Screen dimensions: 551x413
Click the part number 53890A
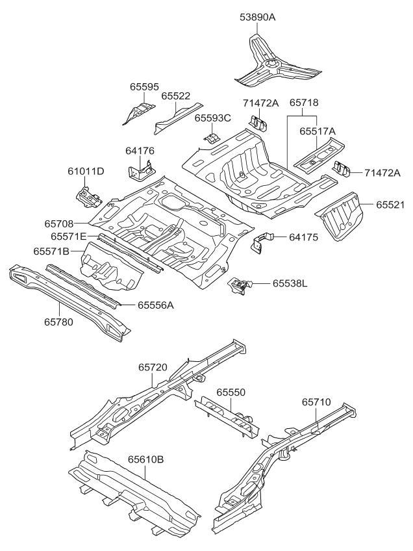(258, 18)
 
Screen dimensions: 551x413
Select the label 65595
(144, 87)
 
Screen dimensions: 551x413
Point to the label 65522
(175, 96)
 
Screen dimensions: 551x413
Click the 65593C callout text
(212, 118)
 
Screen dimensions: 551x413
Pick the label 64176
(140, 151)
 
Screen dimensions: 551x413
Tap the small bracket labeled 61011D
(88, 194)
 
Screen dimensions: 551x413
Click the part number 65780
(59, 320)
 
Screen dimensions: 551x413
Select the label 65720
(153, 367)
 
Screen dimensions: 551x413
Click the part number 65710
(316, 402)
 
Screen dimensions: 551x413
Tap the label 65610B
(145, 459)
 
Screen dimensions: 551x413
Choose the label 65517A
(317, 131)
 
